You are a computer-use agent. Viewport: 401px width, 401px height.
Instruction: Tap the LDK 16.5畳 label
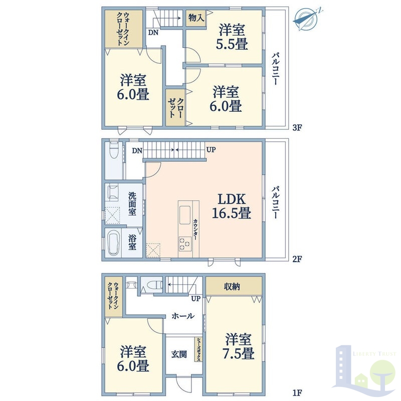click(232, 206)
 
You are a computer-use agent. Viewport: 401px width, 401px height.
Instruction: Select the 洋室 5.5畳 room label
click(232, 37)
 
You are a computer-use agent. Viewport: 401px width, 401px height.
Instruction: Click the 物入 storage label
click(196, 18)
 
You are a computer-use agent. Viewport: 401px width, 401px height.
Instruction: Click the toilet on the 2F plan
click(114, 151)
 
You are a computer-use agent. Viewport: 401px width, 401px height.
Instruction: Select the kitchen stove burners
click(185, 243)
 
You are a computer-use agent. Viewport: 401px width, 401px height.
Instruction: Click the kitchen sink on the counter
click(184, 215)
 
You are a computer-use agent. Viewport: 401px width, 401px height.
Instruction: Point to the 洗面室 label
click(132, 204)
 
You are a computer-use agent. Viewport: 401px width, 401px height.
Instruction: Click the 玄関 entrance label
click(179, 354)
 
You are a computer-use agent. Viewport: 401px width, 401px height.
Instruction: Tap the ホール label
click(183, 316)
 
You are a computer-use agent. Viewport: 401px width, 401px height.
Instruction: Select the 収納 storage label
click(232, 287)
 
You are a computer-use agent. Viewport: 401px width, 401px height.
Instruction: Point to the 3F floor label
click(297, 127)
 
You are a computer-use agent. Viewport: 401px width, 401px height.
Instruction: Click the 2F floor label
click(297, 259)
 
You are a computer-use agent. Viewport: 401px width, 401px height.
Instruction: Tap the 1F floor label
click(297, 392)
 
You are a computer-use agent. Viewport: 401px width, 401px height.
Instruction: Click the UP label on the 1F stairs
click(195, 298)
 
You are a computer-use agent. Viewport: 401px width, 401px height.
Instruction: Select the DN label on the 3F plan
click(153, 33)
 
